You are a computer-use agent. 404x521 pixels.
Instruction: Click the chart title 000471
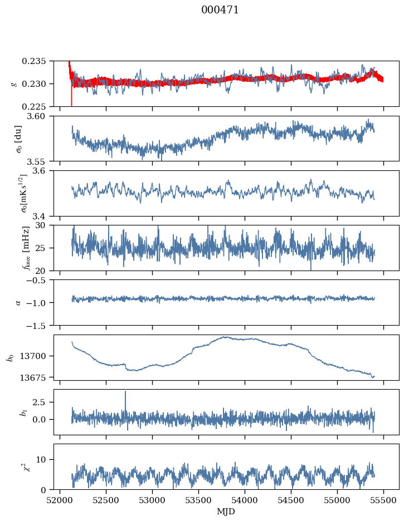(220, 10)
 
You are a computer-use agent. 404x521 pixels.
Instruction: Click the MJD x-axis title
(226, 511)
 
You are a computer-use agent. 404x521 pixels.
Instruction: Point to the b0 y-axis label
(9, 357)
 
